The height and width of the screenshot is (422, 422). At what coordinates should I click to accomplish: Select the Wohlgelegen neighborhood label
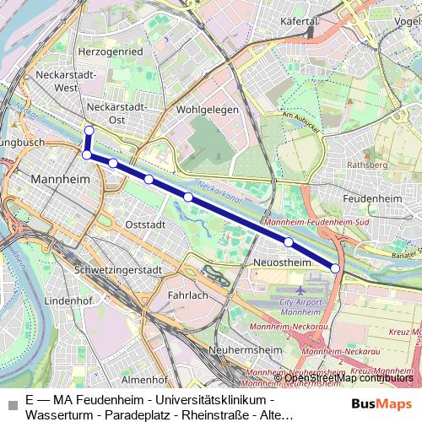point(208,110)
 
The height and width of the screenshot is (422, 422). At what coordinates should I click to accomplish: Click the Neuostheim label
point(282,262)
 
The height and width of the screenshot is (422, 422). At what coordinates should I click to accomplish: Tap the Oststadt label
point(145,225)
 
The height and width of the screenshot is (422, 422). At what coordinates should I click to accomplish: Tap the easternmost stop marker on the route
point(335,268)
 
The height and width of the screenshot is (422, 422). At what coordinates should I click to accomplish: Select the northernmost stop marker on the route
point(88,130)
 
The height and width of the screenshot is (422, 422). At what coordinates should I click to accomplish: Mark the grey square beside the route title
point(11,403)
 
